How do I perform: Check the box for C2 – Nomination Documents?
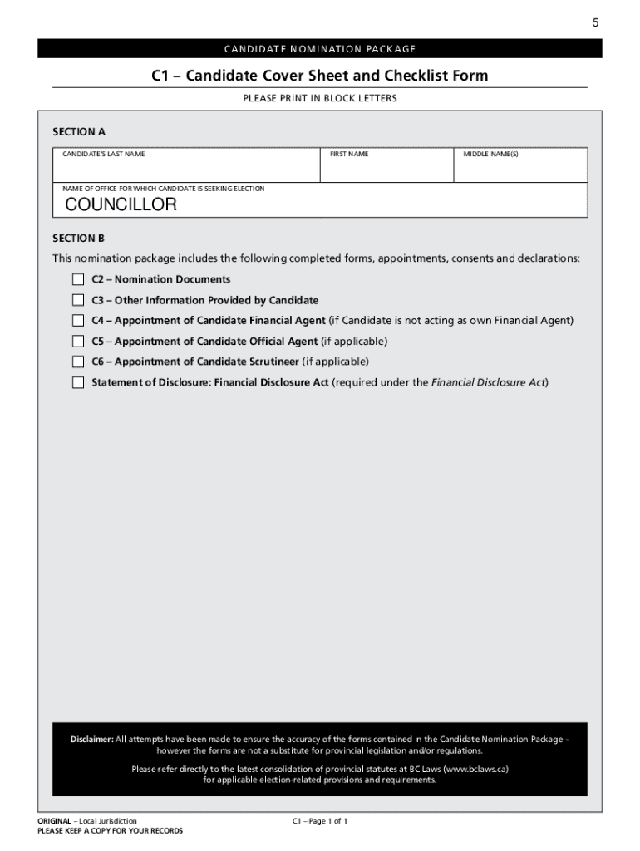[78, 279]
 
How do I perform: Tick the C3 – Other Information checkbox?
[78, 300]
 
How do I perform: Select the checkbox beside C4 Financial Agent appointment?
[78, 321]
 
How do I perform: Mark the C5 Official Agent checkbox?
[78, 342]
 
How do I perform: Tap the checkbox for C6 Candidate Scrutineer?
[78, 362]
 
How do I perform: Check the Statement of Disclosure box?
[78, 382]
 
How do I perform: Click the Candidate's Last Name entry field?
[186, 170]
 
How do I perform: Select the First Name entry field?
[386, 170]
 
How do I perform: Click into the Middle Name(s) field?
[520, 170]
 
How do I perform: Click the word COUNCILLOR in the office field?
[121, 204]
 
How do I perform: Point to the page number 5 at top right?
[595, 23]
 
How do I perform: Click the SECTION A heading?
[79, 131]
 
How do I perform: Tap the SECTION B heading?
[79, 238]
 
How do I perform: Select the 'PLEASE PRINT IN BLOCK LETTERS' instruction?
[320, 99]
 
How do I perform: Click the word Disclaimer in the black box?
[91, 739]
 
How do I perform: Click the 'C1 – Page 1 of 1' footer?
[320, 821]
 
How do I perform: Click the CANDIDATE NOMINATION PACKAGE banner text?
[320, 49]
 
